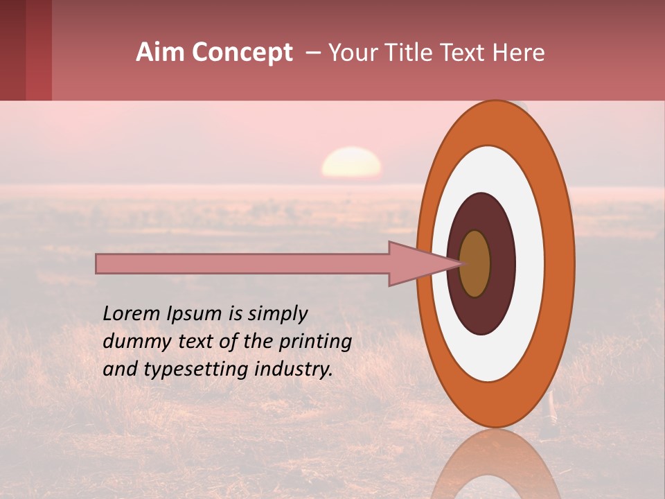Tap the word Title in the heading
coord(404,53)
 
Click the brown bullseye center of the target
coord(475,263)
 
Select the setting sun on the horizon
coord(351,163)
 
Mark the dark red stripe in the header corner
coord(12,50)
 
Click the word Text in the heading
coord(461,53)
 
